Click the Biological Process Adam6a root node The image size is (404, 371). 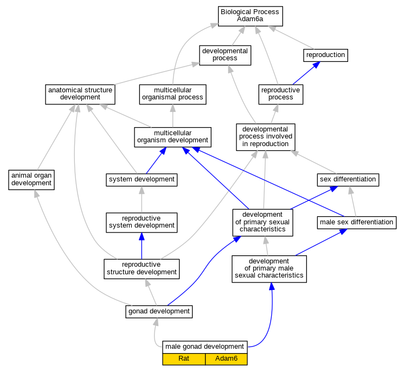[250, 16]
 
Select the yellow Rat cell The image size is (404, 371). [184, 359]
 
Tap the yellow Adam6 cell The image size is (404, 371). [226, 359]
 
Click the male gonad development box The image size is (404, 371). [205, 347]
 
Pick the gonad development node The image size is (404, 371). [159, 312]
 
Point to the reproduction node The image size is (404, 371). [326, 55]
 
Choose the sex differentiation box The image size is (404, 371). [348, 180]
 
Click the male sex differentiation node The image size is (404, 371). [357, 222]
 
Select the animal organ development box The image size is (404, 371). [31, 180]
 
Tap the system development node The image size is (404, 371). [142, 180]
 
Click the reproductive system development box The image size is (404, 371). [142, 222]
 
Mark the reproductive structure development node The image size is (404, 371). [142, 269]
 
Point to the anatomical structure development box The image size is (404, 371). [80, 94]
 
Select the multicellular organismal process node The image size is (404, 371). [172, 94]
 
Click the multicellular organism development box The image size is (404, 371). [172, 137]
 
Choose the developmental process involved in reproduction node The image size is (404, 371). [266, 137]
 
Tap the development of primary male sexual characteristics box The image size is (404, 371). [270, 269]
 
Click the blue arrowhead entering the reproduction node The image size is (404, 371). [316, 65]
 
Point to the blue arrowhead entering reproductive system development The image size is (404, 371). [142, 236]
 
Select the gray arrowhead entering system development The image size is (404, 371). [142, 190]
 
